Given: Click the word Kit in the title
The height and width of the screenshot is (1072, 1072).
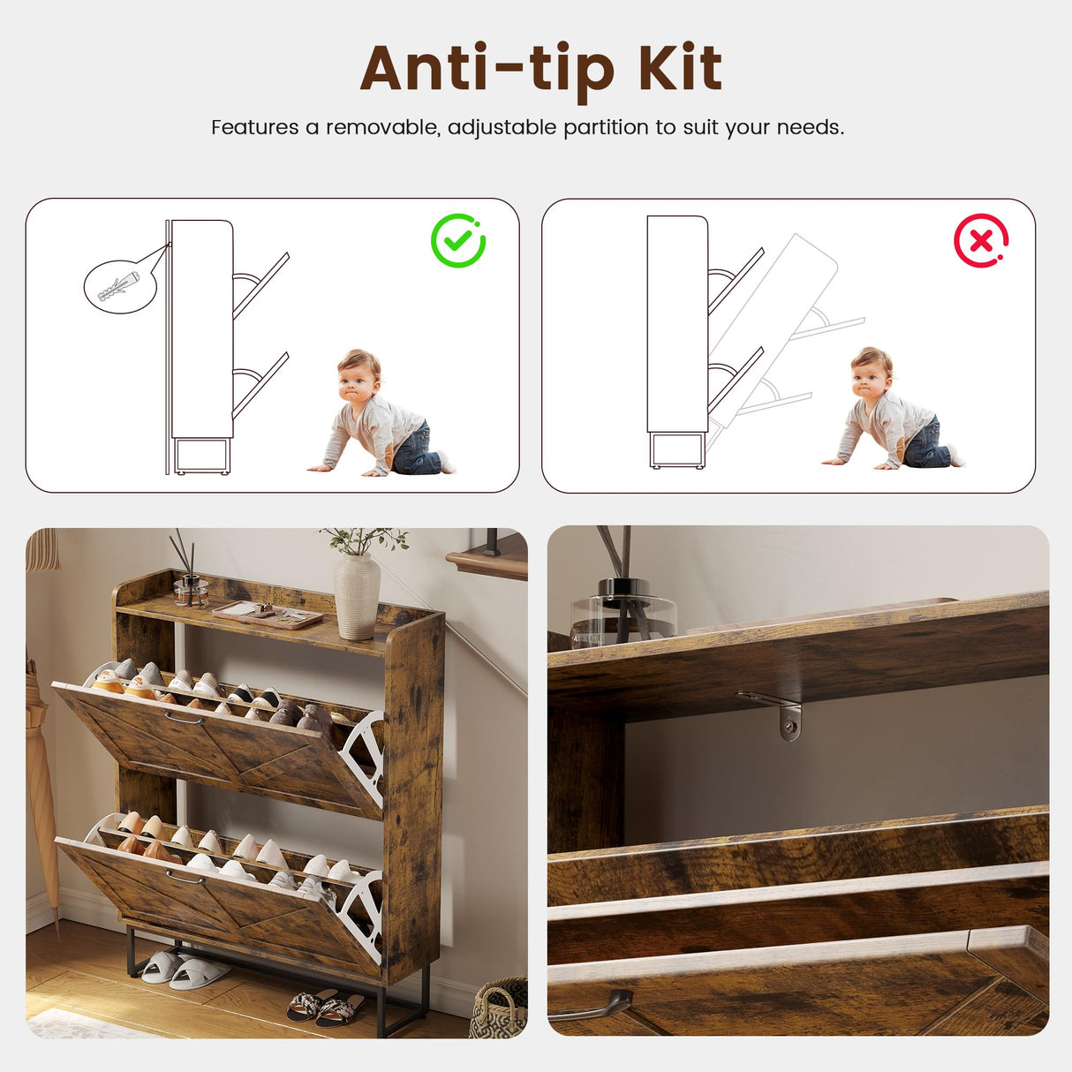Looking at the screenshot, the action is [x=680, y=68].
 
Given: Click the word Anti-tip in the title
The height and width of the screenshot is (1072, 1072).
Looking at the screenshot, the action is [x=487, y=72].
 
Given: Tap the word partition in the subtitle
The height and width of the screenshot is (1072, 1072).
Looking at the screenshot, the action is [x=606, y=128].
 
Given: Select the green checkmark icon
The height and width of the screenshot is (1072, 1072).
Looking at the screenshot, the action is [x=457, y=240].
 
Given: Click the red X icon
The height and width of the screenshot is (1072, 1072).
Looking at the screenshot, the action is [x=981, y=240].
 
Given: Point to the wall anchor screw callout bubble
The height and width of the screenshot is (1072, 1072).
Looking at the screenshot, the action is [x=120, y=286].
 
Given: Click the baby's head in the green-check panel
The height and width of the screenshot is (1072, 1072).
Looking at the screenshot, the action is [x=359, y=374].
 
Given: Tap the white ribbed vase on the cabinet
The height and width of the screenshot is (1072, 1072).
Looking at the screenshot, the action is [x=357, y=595].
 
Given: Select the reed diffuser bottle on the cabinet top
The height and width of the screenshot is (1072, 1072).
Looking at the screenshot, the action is [x=190, y=590].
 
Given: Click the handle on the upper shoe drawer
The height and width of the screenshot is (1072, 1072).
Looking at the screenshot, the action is [x=185, y=718].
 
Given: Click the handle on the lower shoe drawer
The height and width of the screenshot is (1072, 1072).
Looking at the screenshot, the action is [x=185, y=878].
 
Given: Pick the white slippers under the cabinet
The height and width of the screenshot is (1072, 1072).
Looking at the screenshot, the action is [x=185, y=968].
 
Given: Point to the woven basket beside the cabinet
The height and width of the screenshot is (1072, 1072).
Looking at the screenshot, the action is [x=499, y=1009].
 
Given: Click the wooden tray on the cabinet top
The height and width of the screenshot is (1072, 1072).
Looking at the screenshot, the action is [x=268, y=615].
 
